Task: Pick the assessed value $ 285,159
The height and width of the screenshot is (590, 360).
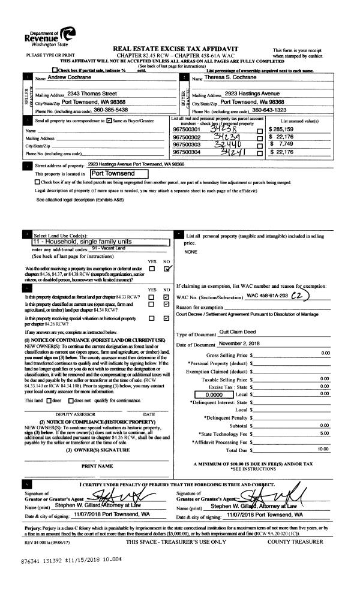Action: point(287,130)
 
